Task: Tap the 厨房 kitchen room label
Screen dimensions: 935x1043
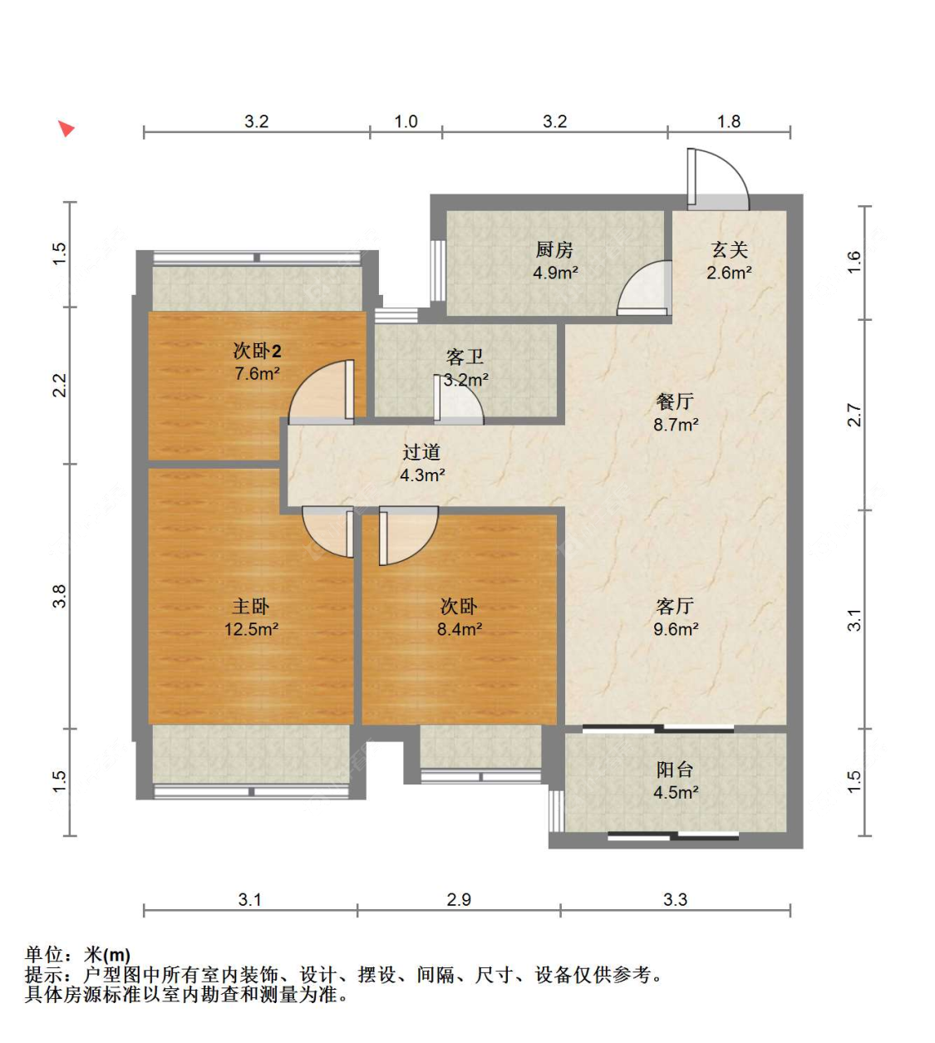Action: [x=554, y=250]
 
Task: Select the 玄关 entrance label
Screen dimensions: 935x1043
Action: [x=729, y=250]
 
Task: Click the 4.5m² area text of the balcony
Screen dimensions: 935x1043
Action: [x=676, y=792]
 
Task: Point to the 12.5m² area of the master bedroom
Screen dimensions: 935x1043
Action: [x=252, y=628]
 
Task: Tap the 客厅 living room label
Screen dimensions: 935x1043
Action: [x=675, y=607]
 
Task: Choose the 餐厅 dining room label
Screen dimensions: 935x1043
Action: [x=675, y=401]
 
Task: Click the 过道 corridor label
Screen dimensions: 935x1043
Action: [x=421, y=452]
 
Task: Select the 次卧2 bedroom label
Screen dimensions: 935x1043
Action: [x=257, y=351]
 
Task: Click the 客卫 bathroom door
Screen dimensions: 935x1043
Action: [x=459, y=400]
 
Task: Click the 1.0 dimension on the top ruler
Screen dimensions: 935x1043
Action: [x=406, y=121]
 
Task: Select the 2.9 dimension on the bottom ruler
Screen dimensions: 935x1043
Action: [x=459, y=899]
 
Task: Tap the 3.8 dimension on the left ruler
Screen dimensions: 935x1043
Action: [x=60, y=596]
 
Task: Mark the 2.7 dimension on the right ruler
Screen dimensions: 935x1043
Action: [x=854, y=415]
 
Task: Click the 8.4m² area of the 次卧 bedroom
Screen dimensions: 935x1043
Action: [x=460, y=628]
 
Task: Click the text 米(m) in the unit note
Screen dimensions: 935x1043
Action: [x=106, y=955]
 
